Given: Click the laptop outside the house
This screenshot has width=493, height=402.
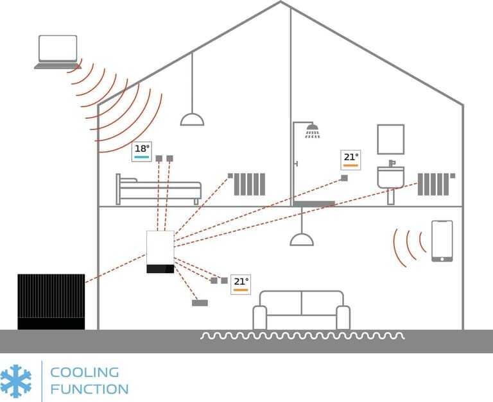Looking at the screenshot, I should pyautogui.click(x=56, y=52).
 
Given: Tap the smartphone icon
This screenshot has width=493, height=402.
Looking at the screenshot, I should pyautogui.click(x=442, y=240).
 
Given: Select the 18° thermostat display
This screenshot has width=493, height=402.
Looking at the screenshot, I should pyautogui.click(x=142, y=151).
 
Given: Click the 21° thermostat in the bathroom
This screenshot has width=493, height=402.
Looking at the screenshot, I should pyautogui.click(x=350, y=159).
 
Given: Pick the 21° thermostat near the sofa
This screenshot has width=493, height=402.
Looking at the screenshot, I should pyautogui.click(x=241, y=283).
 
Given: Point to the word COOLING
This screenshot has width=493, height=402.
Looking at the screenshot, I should pyautogui.click(x=84, y=372).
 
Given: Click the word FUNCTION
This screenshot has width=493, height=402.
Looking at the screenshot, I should pyautogui.click(x=89, y=389).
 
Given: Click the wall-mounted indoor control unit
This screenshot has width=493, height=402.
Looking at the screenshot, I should pyautogui.click(x=160, y=252).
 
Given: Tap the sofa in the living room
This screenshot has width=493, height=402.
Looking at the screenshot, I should pyautogui.click(x=301, y=311).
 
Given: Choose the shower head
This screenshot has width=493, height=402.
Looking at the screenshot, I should pyautogui.click(x=313, y=133).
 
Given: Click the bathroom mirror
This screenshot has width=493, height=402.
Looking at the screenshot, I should pyautogui.click(x=390, y=139).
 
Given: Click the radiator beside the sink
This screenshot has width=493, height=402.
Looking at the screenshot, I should pyautogui.click(x=435, y=183).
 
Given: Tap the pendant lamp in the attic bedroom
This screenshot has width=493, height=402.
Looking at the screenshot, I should pyautogui.click(x=192, y=119).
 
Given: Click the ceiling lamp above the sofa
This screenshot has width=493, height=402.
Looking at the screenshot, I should pyautogui.click(x=302, y=239).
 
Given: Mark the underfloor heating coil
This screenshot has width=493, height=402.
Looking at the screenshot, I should pyautogui.click(x=302, y=336).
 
